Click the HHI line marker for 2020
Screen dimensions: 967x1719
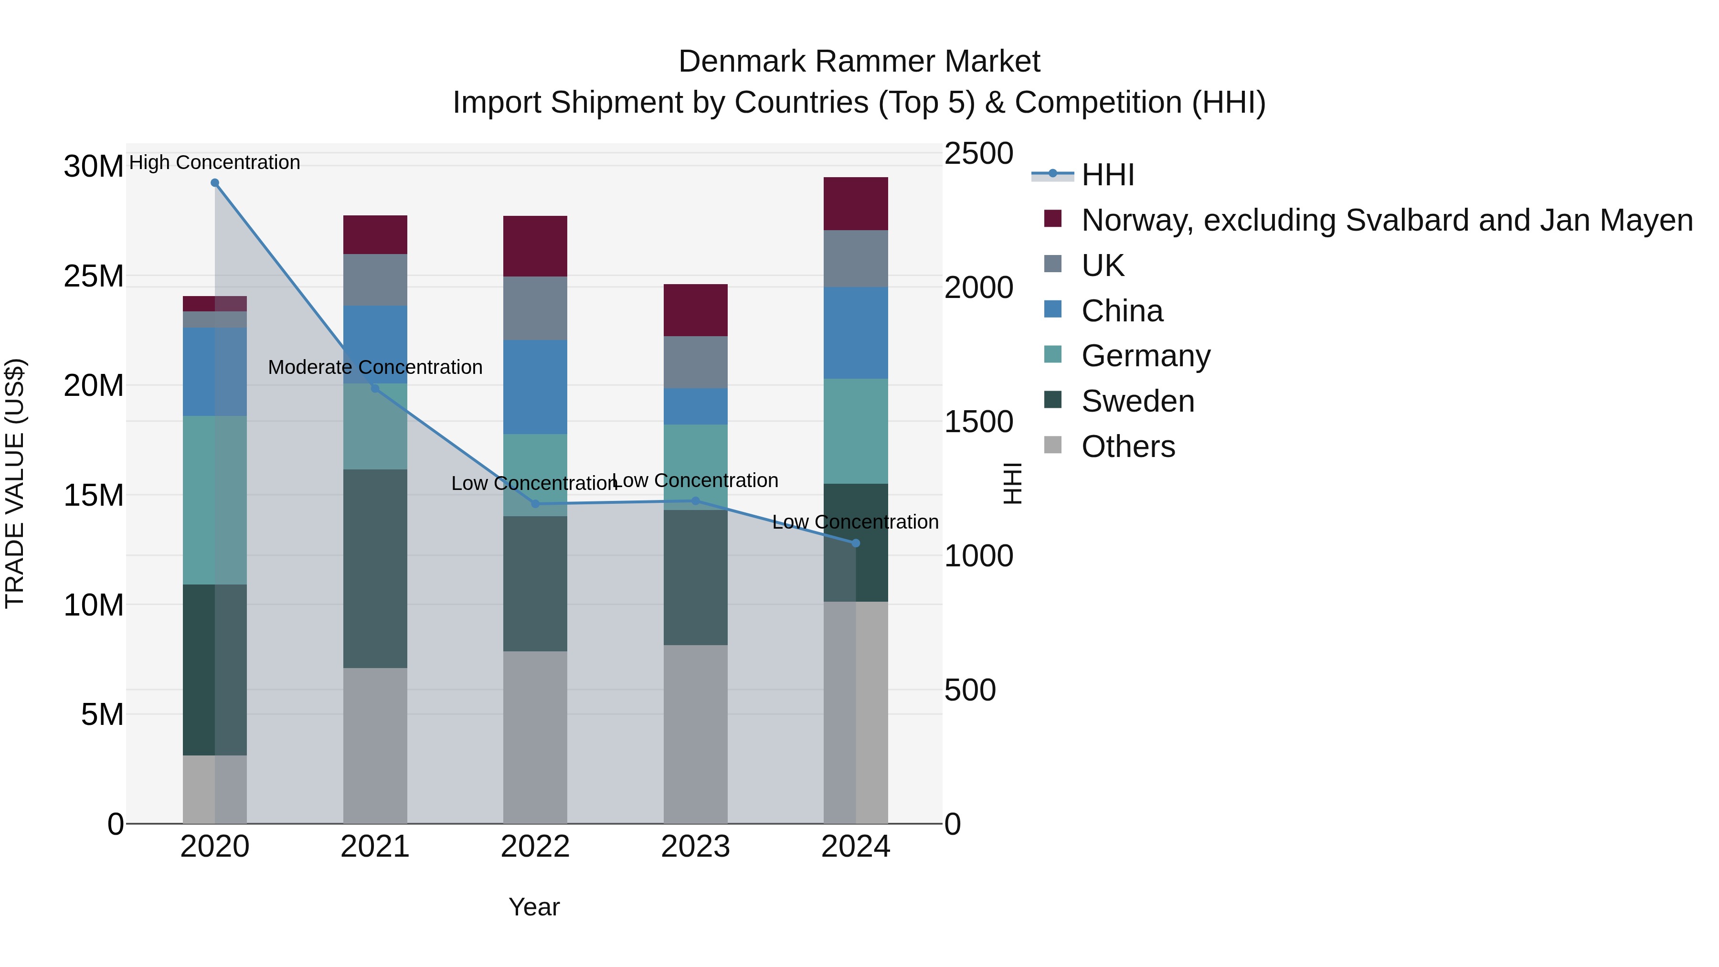pos(215,183)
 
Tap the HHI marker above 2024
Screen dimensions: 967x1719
pos(856,543)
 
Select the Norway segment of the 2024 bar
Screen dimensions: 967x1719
pos(856,203)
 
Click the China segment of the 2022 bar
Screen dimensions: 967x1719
pos(535,387)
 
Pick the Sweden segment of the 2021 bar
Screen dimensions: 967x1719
pos(375,569)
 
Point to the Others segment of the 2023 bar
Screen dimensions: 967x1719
pos(695,734)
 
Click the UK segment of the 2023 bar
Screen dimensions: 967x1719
pos(695,362)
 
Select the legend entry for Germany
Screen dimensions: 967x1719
pos(1145,356)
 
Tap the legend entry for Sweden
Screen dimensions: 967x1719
pos(1137,401)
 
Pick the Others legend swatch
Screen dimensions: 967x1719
pos(1053,445)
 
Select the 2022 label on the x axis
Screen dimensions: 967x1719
pos(535,847)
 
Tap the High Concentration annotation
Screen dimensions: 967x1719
pos(214,162)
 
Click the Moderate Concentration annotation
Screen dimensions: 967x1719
pos(375,367)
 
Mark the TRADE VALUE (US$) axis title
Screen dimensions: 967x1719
pos(15,483)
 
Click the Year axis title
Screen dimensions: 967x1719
pos(534,907)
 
